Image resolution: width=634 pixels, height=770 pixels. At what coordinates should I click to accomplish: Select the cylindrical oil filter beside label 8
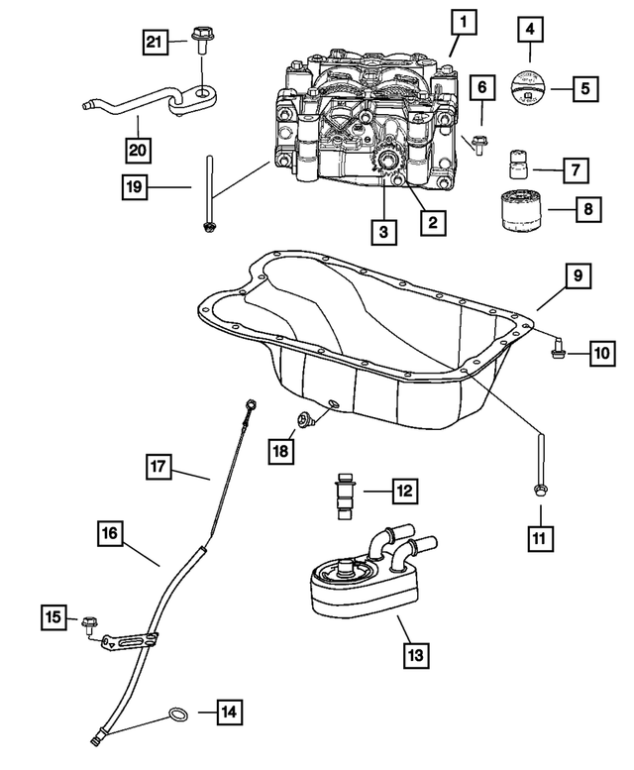click(519, 211)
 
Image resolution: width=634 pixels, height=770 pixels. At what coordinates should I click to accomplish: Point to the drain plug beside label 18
click(308, 421)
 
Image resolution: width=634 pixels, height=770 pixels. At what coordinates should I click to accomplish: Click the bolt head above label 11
click(541, 489)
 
